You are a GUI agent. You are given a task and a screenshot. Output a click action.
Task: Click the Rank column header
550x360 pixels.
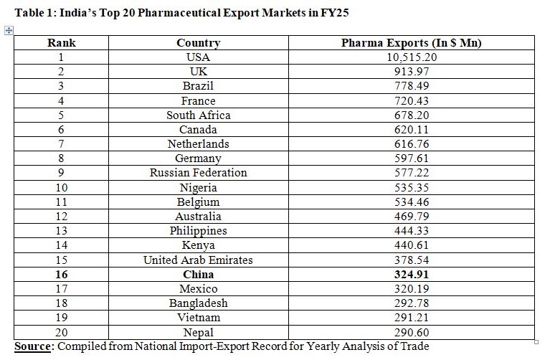click(62, 43)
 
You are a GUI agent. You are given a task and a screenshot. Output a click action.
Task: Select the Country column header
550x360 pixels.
click(198, 43)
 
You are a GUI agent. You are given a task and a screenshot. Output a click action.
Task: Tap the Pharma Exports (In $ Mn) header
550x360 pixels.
click(411, 43)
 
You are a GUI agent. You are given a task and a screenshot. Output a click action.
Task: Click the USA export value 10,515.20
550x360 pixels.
click(411, 57)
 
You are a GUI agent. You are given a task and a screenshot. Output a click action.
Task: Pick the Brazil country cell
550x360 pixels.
click(198, 86)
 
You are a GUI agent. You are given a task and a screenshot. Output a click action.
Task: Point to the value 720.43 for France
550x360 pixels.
click(411, 101)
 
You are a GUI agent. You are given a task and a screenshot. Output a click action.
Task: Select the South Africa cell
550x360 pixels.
click(198, 115)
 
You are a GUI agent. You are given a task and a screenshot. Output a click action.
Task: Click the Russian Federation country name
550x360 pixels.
click(198, 173)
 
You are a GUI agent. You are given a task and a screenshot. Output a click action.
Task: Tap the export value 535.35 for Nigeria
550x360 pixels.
click(411, 187)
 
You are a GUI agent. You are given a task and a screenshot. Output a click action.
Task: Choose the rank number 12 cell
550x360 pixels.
click(62, 216)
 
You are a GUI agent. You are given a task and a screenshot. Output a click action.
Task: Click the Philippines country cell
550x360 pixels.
click(198, 231)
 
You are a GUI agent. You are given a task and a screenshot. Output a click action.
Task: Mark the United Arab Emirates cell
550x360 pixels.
click(198, 260)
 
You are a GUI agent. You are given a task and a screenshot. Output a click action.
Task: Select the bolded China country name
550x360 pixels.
click(198, 274)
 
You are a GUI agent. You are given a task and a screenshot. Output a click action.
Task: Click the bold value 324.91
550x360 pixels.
click(411, 274)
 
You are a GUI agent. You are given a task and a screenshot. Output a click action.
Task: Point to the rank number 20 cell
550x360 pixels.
click(62, 332)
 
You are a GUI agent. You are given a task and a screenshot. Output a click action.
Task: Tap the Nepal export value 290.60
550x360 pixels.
click(411, 332)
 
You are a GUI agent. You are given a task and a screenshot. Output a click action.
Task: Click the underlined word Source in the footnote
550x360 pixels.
click(33, 347)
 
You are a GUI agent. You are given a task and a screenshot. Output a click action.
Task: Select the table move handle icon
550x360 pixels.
click(9, 30)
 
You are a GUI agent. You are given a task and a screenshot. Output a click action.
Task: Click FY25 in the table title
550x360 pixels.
click(333, 13)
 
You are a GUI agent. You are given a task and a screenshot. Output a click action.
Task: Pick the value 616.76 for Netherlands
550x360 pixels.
click(411, 144)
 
